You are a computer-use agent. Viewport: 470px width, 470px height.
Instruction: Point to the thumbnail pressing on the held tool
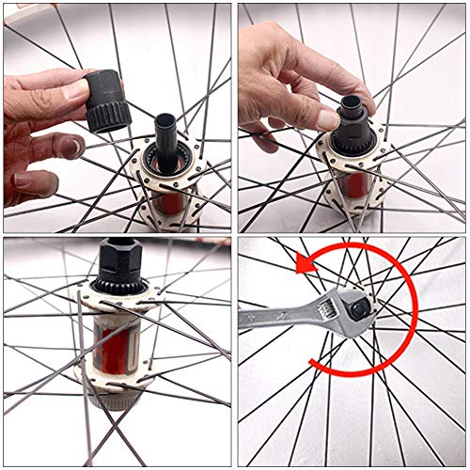pyautogui.click(x=81, y=88)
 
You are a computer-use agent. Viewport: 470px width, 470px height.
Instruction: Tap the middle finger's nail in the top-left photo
pyautogui.click(x=70, y=146)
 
